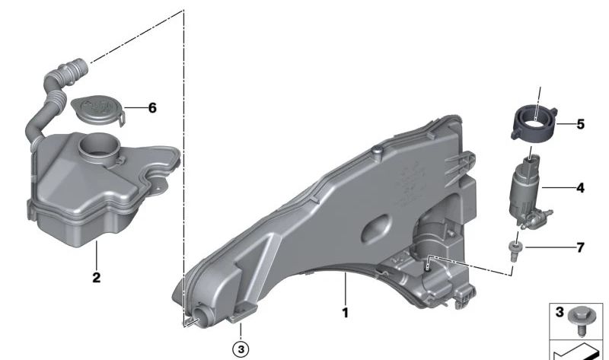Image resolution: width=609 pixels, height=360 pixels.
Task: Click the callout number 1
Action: tap(345, 313)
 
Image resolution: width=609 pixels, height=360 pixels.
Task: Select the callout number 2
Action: tap(97, 278)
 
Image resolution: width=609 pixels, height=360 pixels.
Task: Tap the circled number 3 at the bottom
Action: tap(241, 349)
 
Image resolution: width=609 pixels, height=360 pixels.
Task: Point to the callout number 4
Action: tap(580, 188)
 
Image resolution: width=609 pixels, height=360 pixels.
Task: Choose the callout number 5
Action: tap(580, 124)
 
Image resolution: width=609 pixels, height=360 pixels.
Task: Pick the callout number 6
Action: tap(152, 107)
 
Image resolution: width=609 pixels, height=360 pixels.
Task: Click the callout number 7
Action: tap(580, 247)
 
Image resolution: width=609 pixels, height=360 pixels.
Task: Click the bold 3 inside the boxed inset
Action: tap(560, 312)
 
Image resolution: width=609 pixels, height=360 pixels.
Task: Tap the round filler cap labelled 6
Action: tap(98, 110)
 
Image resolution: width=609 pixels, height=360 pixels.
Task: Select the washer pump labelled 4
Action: tap(528, 193)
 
